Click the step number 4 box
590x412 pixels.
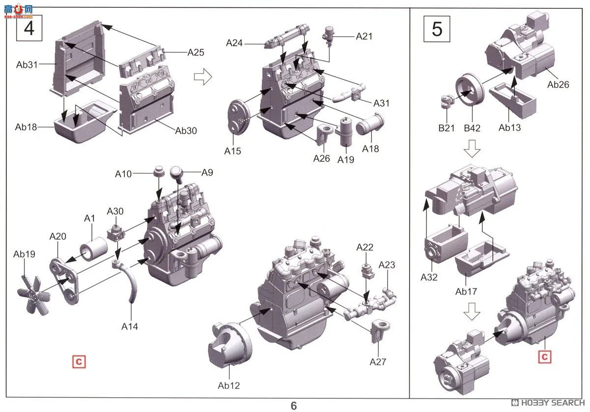click(29, 28)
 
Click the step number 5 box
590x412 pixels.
click(437, 29)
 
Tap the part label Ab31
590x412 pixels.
click(27, 64)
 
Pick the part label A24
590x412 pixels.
click(235, 43)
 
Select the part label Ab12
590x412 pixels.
click(229, 385)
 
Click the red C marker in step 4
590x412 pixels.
click(79, 361)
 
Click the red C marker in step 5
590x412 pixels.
click(544, 356)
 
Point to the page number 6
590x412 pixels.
click(294, 405)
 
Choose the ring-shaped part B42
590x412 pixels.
click(470, 90)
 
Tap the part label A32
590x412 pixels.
click(429, 277)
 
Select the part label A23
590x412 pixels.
click(386, 265)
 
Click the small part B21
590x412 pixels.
click(446, 100)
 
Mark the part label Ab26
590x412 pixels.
click(558, 85)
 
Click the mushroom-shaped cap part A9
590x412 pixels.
click(177, 173)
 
